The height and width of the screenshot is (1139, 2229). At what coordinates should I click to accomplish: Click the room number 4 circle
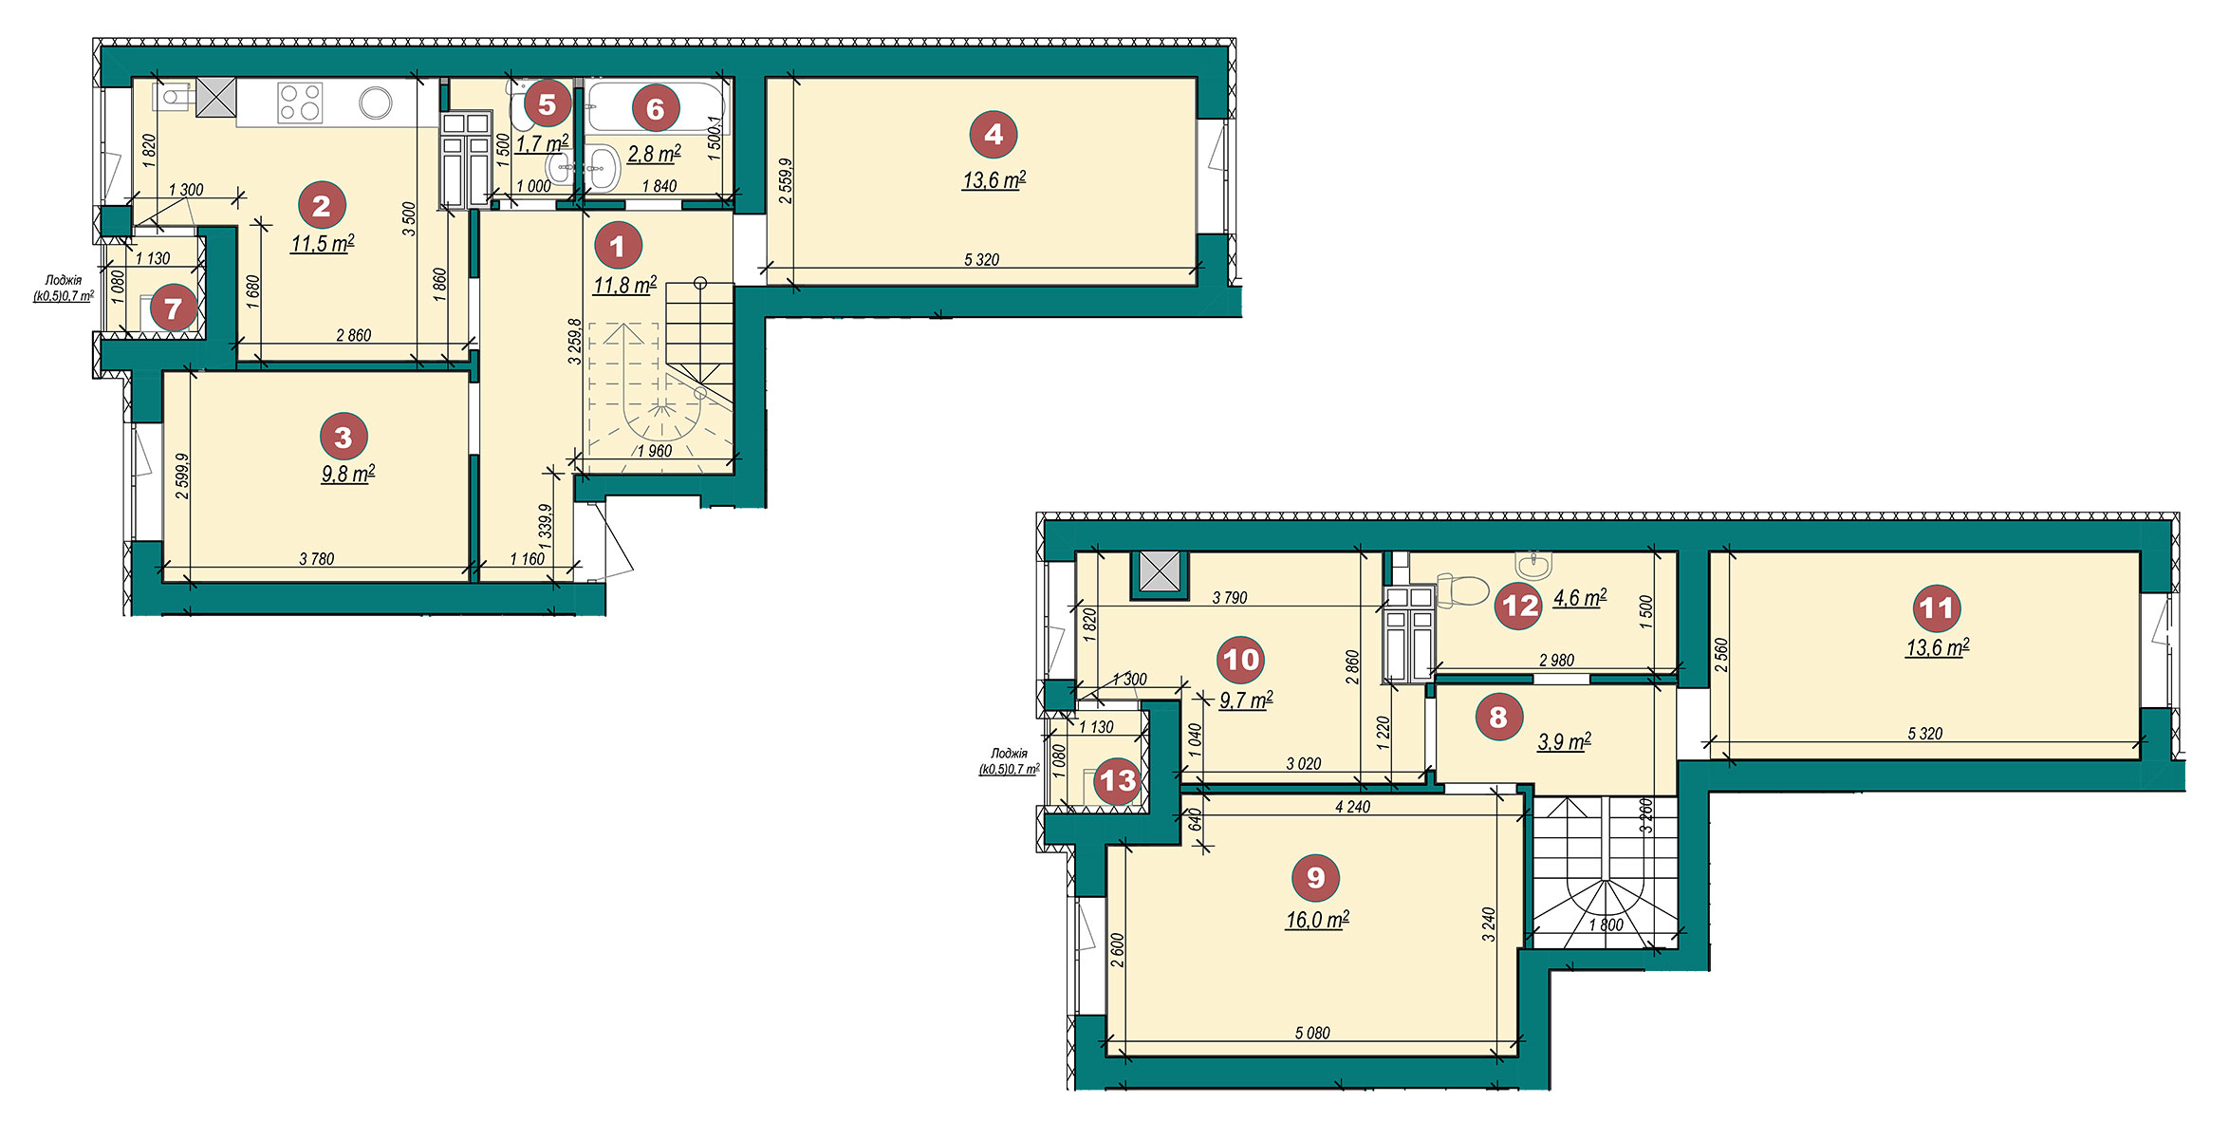[x=993, y=134]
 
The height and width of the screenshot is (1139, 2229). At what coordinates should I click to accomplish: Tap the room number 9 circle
[x=1315, y=877]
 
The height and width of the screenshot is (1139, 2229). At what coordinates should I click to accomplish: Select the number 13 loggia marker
[x=1117, y=781]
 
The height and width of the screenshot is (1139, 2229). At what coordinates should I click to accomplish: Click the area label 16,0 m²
[x=1317, y=920]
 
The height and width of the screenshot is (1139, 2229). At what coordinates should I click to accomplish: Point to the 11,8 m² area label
[x=624, y=285]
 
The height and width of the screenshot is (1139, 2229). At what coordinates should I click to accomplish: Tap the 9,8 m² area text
[x=347, y=474]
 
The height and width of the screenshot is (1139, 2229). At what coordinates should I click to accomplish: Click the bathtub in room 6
[x=655, y=107]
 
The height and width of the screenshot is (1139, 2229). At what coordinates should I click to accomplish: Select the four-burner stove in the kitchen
[x=300, y=103]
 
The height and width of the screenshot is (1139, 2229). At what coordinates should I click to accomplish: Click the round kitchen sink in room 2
[x=376, y=103]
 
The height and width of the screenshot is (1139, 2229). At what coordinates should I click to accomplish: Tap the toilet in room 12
[x=1462, y=589]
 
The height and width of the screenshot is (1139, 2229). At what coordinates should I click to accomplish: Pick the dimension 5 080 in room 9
[x=1312, y=1033]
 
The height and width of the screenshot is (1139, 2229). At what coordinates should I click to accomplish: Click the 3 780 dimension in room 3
[x=317, y=559]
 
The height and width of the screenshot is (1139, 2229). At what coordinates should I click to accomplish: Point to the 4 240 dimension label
[x=1352, y=807]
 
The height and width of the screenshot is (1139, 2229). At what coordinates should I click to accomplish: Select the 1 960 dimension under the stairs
[x=655, y=451]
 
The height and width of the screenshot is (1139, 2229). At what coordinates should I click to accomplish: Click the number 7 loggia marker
[x=173, y=308]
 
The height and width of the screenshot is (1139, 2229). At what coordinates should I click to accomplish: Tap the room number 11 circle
[x=1936, y=607]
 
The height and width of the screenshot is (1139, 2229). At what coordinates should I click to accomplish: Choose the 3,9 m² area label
[x=1564, y=741]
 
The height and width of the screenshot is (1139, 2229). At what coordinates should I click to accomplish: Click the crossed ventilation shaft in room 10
[x=1158, y=574]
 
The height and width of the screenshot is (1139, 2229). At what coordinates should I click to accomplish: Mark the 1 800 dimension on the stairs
[x=1606, y=924]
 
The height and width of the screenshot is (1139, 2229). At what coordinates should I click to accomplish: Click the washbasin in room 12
[x=1534, y=565]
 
